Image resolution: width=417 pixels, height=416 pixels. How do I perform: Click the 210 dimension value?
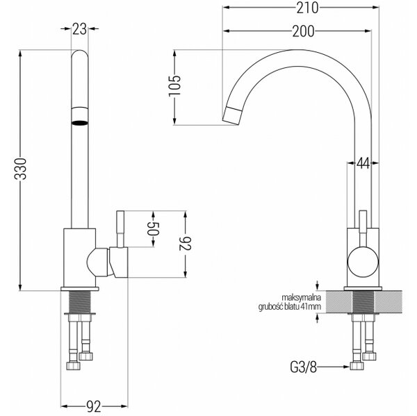coord(307,8)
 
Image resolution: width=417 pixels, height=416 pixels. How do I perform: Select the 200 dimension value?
coord(303,31)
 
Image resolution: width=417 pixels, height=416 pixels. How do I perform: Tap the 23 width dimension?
coord(79,28)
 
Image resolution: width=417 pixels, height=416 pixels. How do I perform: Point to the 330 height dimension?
coord(21,169)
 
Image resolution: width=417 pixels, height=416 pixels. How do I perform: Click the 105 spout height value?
coord(174,86)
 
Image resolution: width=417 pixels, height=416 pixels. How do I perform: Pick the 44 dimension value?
coord(363,163)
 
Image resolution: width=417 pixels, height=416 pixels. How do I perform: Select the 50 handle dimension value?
coord(153,229)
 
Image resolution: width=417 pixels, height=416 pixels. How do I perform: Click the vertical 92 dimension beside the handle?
coord(186,243)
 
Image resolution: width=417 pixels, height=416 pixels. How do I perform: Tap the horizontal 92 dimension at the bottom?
coord(94,406)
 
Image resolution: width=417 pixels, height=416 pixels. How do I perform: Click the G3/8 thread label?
coord(304,367)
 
